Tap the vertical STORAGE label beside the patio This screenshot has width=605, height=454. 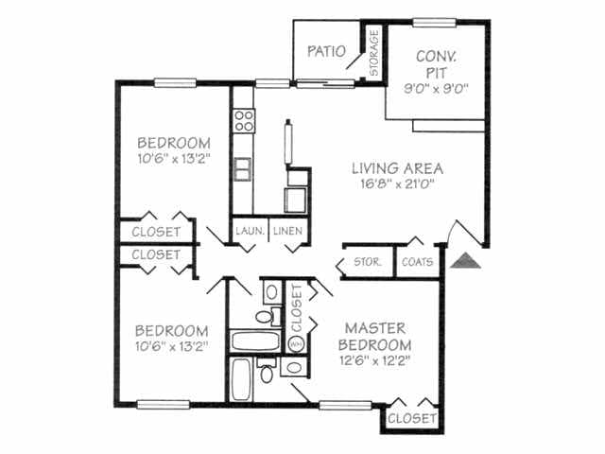pos(373,53)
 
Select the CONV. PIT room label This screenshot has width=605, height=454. pos(436,64)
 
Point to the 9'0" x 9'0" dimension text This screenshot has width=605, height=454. pos(436,91)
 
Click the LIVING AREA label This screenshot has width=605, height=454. pos(397,169)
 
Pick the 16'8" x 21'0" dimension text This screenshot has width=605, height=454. pos(397,185)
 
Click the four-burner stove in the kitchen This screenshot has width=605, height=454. pos(244,120)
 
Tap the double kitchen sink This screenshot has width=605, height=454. pos(243,168)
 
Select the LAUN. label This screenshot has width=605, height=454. pos(249,231)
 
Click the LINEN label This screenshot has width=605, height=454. pos(286,231)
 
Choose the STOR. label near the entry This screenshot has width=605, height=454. pos(367,262)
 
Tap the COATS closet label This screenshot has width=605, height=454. pos(417,262)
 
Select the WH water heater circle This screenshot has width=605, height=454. pos(295,343)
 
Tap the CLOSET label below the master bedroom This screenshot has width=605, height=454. pos(412,417)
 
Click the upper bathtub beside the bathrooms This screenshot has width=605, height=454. pos(254,340)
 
